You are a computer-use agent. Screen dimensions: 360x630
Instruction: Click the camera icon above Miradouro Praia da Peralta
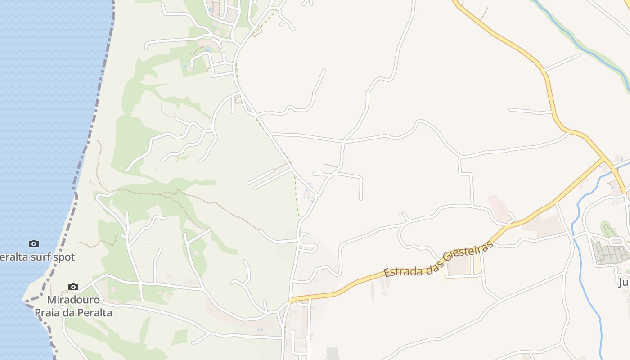tap(73, 287)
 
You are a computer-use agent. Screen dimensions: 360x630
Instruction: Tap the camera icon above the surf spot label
tap(34, 243)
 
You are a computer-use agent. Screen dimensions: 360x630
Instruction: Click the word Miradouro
tap(73, 300)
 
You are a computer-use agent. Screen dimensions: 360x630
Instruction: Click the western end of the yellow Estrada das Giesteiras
tap(290, 301)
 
